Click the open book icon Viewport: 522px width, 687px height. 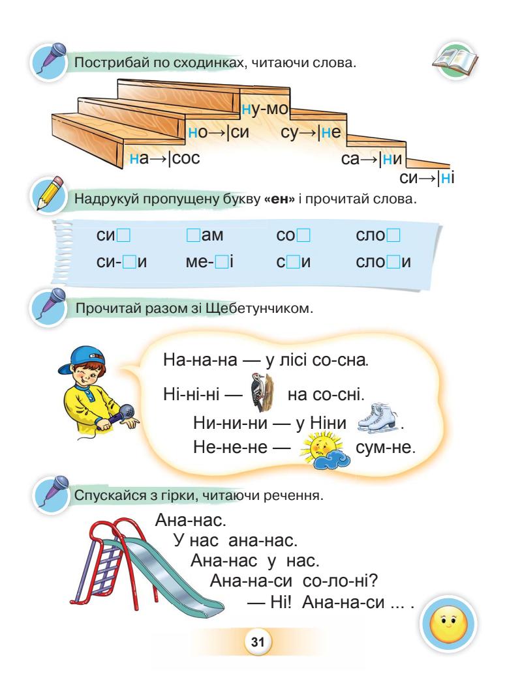[x=455, y=61]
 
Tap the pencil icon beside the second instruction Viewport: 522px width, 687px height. [x=48, y=194]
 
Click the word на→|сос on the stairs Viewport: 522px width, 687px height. [x=164, y=158]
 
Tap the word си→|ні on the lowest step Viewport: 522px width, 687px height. [x=425, y=177]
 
